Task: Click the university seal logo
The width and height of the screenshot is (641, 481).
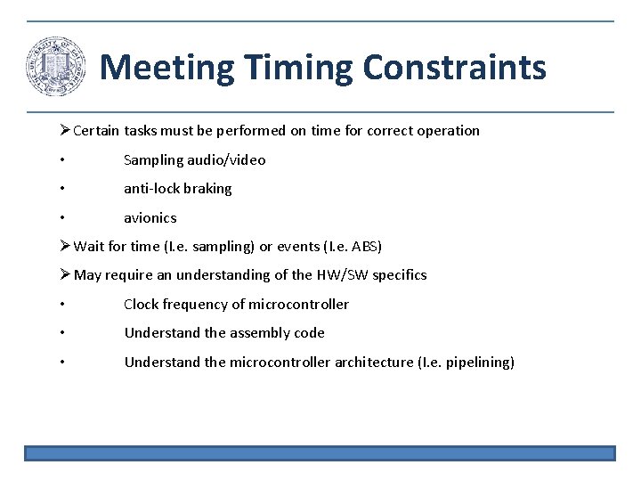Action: [x=56, y=67]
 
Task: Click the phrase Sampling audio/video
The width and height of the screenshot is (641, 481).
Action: [x=194, y=160]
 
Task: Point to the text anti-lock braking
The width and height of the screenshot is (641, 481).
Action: [x=177, y=189]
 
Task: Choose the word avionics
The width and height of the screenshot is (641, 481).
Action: [x=150, y=218]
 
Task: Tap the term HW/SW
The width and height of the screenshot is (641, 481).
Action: [x=336, y=275]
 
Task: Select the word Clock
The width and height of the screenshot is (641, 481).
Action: [x=142, y=305]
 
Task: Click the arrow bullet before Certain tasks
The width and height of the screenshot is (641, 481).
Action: [x=63, y=131]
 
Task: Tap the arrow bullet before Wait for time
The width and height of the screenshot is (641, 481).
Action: [x=63, y=247]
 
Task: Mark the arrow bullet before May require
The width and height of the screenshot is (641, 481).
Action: [x=63, y=275]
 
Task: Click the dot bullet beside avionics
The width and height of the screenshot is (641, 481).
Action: [x=61, y=218]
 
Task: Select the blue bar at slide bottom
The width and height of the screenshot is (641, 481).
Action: [x=320, y=453]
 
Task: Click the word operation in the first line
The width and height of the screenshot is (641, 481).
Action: [x=447, y=131]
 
